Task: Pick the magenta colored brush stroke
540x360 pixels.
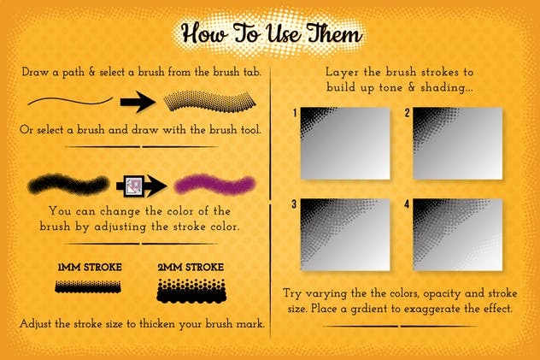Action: pos(214,184)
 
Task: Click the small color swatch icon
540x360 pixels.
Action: pos(134,184)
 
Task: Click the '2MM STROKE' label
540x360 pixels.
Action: pos(190,267)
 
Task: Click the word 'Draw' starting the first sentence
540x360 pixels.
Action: pos(37,74)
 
